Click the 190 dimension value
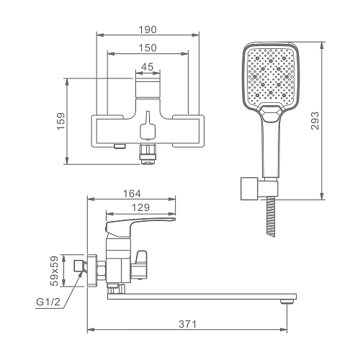click(148, 30)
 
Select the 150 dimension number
click(148, 48)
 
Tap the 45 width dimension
click(148, 67)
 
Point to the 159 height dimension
click(61, 121)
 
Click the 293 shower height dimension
click(315, 121)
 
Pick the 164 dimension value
click(132, 194)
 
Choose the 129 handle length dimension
click(140, 207)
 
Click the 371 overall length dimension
click(187, 324)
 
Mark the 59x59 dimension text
click(55, 271)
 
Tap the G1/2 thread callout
click(48, 302)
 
